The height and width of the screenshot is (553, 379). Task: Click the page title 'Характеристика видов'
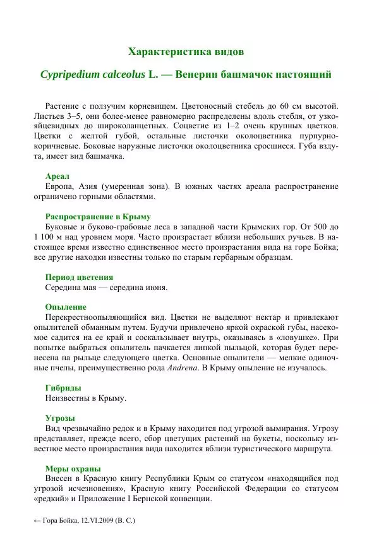pyautogui.click(x=185, y=51)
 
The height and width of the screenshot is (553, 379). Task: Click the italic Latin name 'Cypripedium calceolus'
pyautogui.click(x=93, y=75)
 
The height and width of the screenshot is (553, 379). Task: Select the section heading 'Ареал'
pyautogui.click(x=57, y=176)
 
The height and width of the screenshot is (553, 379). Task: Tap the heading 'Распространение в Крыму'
pyautogui.click(x=97, y=216)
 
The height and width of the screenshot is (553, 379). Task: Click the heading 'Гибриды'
pyautogui.click(x=63, y=387)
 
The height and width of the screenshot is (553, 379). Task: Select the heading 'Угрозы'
pyautogui.click(x=60, y=418)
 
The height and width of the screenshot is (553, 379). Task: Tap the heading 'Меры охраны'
pyautogui.click(x=73, y=468)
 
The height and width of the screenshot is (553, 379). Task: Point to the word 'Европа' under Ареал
pyautogui.click(x=59, y=186)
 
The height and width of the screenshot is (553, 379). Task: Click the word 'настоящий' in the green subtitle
pyautogui.click(x=304, y=75)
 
